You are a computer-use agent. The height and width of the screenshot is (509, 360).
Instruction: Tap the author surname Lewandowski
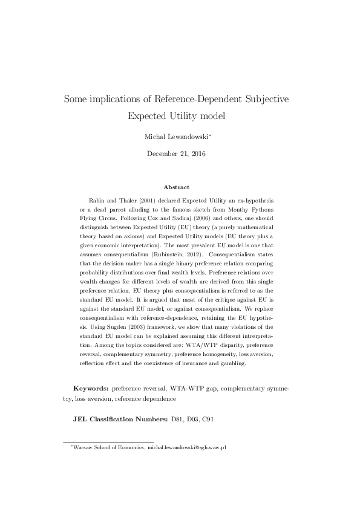coord(186,137)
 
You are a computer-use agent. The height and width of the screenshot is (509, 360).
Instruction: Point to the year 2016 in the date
coord(197,154)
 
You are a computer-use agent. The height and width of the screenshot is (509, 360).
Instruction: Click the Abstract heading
coord(176,187)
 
